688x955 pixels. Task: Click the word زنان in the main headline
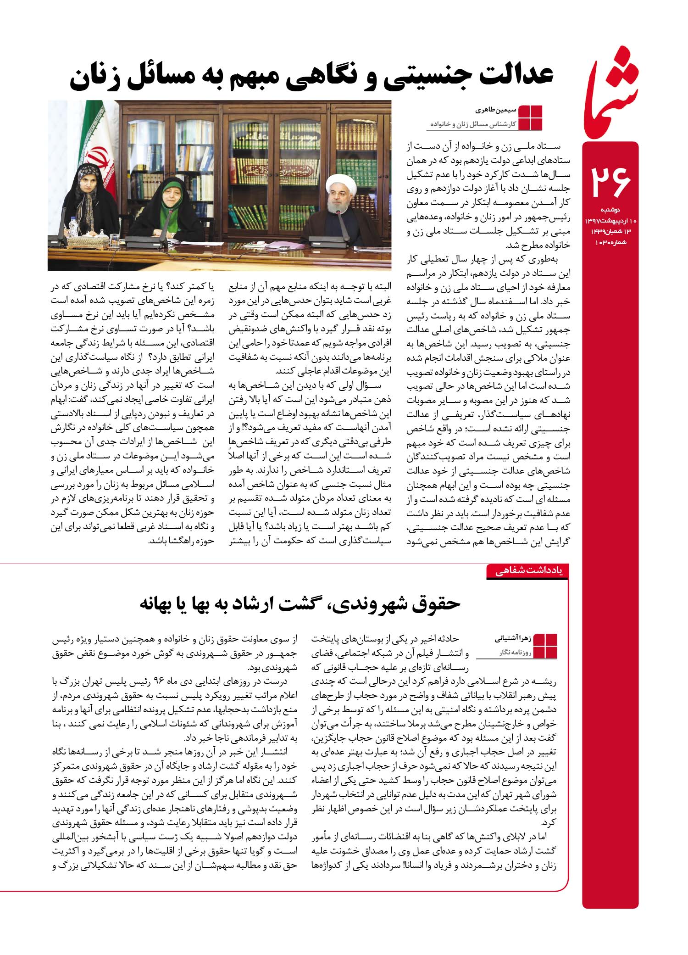coord(99,78)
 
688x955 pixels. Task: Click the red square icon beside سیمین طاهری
coord(530,118)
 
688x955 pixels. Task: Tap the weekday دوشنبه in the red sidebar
coord(610,210)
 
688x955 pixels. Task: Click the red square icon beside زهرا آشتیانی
coord(545,646)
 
